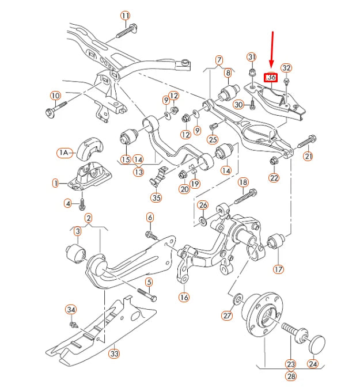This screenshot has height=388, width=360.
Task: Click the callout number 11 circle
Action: coord(126,15)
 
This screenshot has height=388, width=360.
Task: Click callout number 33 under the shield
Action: coord(115,353)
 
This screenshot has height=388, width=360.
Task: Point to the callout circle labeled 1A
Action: coord(64,153)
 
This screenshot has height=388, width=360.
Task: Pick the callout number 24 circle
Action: coord(312,364)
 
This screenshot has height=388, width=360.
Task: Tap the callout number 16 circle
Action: coord(184,298)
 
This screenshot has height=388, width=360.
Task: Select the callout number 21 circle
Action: coord(308,157)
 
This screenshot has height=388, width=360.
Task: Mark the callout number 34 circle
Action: coord(70,310)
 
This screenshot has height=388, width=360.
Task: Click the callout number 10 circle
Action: coord(55,96)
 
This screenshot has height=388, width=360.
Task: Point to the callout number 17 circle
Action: coord(279,268)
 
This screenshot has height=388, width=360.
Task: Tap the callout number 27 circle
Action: coord(228,315)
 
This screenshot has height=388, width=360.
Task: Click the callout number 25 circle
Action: coord(213,139)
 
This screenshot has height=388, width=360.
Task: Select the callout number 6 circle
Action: coord(150,217)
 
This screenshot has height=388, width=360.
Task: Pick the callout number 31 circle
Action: coord(251,57)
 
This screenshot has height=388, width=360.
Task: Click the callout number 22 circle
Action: coord(274,178)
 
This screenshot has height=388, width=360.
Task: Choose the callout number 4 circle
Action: coord(67,203)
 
